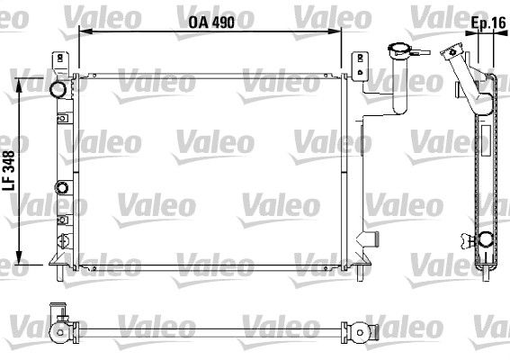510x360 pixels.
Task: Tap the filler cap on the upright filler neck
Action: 396,50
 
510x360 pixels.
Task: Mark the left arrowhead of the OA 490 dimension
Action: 82,31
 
